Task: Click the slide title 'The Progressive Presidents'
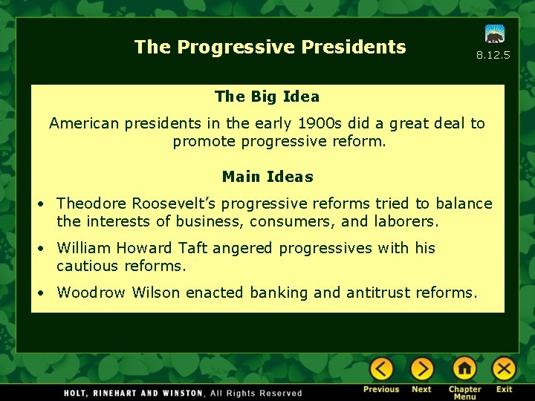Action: click(270, 47)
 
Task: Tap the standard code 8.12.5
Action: click(493, 55)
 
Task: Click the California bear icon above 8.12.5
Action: click(495, 33)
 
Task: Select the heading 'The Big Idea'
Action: click(267, 97)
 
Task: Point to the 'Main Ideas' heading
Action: click(267, 177)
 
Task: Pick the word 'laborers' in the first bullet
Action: click(406, 221)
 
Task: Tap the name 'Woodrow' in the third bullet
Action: click(91, 293)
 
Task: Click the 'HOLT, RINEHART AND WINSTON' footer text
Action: click(134, 393)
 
